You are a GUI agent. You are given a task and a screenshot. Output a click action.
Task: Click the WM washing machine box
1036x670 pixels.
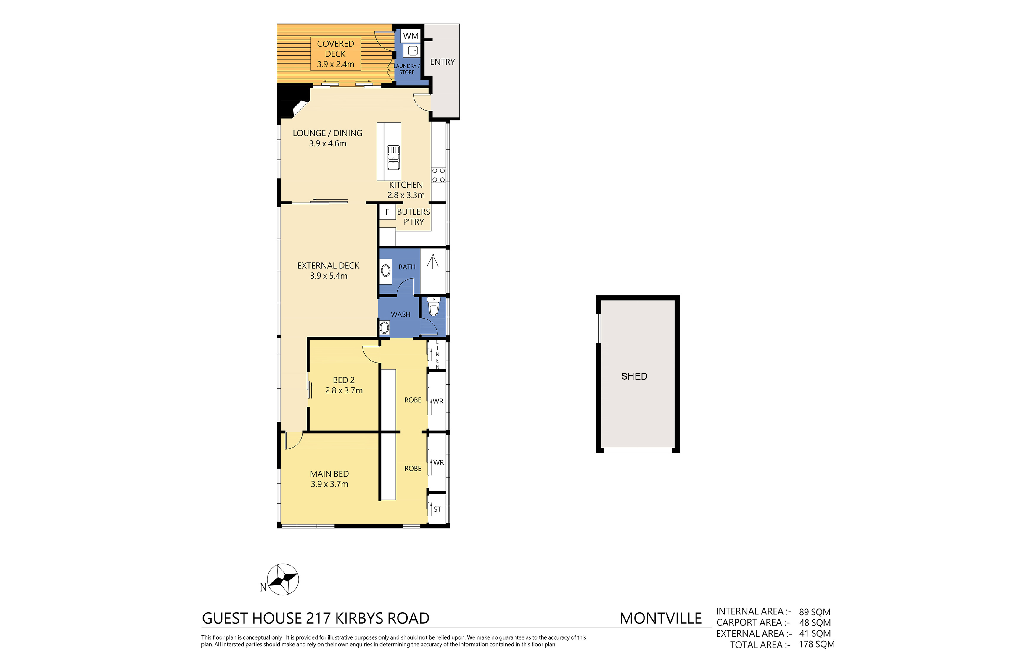pyautogui.click(x=411, y=36)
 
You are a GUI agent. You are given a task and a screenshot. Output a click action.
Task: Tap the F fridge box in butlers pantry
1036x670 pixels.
pyautogui.click(x=387, y=212)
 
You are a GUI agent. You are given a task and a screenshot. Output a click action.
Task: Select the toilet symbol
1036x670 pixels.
pyautogui.click(x=434, y=307)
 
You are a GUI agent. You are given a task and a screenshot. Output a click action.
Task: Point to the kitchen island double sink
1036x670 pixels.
pyautogui.click(x=393, y=157)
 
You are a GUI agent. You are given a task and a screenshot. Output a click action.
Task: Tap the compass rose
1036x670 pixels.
pyautogui.click(x=283, y=579)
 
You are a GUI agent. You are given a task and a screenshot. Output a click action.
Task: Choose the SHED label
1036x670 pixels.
pyautogui.click(x=634, y=376)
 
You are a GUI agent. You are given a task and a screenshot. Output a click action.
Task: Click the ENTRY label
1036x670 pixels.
pyautogui.click(x=442, y=62)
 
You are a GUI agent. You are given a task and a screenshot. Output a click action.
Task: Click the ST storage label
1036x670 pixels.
pyautogui.click(x=437, y=509)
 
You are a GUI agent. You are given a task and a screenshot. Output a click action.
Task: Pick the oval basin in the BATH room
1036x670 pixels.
pyautogui.click(x=386, y=271)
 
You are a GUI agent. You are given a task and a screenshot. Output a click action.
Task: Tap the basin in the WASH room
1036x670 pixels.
pyautogui.click(x=385, y=327)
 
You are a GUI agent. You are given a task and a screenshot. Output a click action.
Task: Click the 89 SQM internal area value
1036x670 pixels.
pyautogui.click(x=814, y=612)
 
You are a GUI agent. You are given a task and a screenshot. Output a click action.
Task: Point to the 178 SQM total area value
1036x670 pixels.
pyautogui.click(x=817, y=644)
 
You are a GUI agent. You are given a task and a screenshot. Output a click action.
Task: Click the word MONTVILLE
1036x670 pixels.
pyautogui.click(x=660, y=618)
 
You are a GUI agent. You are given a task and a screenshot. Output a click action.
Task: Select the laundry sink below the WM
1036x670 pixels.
pyautogui.click(x=412, y=51)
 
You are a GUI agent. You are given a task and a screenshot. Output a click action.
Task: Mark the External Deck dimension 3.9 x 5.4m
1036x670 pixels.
pyautogui.click(x=329, y=276)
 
